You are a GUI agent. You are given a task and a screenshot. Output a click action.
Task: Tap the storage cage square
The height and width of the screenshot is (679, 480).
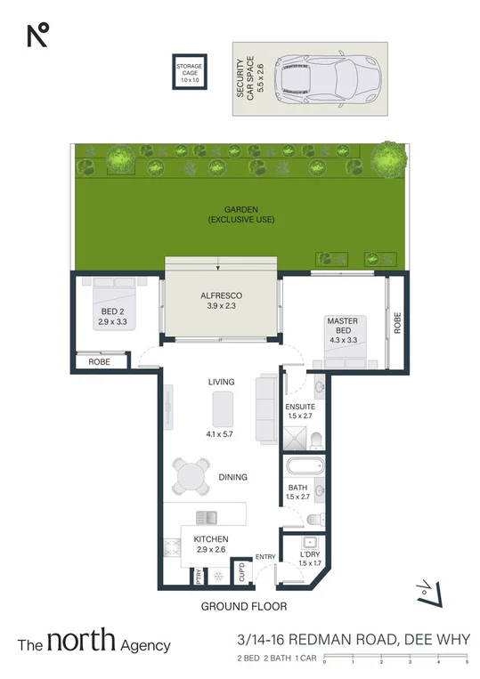pos(188,71)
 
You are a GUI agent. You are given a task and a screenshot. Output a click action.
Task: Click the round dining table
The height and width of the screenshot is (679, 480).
pos(191,476)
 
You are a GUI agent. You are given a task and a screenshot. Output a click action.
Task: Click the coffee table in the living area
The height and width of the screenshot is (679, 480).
pos(222,409)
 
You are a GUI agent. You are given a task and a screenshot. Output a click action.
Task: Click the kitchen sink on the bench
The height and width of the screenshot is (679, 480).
pos(207,515)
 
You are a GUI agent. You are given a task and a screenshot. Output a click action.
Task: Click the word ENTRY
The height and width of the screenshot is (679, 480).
pos(265,557)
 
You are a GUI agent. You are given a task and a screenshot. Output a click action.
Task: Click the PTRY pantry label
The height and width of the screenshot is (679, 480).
pos(199,576)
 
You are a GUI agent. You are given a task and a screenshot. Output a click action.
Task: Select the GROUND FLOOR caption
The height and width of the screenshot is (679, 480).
pos(243,606)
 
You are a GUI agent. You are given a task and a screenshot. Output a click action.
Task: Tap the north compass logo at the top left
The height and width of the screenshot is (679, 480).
pos(37,35)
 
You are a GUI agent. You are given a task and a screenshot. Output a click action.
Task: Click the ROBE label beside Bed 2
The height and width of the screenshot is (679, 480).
pos(98,361)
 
